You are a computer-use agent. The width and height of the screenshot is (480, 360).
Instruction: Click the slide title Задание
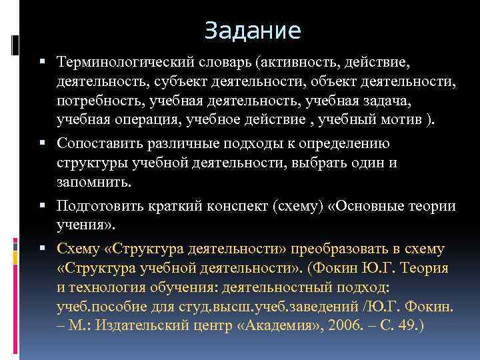pyautogui.click(x=253, y=30)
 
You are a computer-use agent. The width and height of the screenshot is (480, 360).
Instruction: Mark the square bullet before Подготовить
pyautogui.click(x=43, y=206)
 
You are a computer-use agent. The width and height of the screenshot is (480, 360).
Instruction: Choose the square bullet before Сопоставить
pyautogui.click(x=43, y=144)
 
